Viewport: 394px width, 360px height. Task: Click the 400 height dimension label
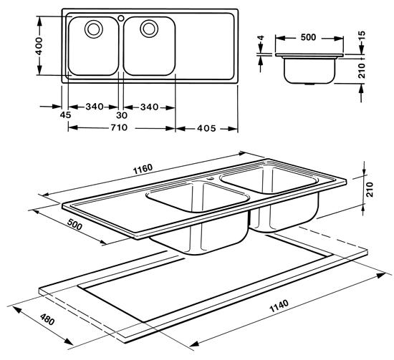39,47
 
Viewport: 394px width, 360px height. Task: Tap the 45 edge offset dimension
66,115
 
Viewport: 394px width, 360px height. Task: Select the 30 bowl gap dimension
122,115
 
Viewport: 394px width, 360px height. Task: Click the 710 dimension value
119,127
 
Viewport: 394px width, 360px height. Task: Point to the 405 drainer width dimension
206,129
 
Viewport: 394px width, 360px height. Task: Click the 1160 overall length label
143,169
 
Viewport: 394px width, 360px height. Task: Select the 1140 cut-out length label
279,306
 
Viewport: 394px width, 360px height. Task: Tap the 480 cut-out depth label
47,318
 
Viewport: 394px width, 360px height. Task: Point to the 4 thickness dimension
261,38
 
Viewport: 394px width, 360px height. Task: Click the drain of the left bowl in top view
94,28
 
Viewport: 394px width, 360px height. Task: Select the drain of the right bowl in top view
149,27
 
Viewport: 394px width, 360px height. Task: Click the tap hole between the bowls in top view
121,18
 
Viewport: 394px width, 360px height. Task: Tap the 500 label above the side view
308,37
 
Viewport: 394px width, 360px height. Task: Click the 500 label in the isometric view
75,224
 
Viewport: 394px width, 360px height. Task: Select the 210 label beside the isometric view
370,189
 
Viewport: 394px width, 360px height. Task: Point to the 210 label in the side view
361,71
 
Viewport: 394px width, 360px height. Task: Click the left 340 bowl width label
95,107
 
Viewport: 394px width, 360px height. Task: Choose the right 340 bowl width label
149,107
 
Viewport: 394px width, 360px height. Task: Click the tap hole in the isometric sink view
210,179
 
